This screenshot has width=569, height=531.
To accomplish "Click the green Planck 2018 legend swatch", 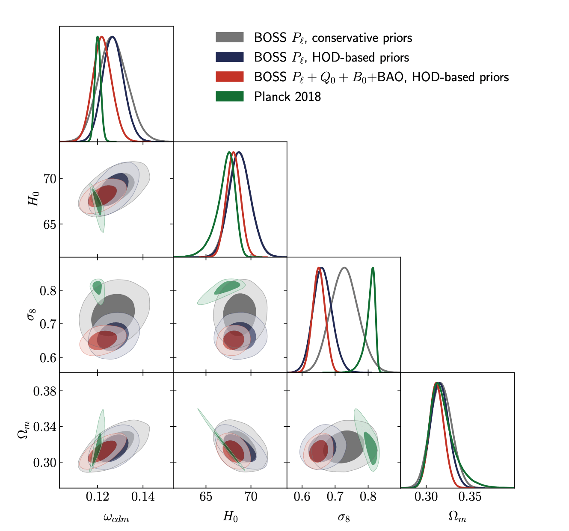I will [229, 97].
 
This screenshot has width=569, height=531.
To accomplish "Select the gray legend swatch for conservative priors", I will [229, 38].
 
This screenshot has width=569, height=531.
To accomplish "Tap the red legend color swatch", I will [229, 77].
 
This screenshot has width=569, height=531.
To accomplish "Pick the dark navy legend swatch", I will [229, 57].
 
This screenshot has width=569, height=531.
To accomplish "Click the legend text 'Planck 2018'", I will [287, 97].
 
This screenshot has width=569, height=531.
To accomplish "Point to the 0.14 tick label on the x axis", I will [143, 497].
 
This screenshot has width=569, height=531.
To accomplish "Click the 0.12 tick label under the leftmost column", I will [98, 497].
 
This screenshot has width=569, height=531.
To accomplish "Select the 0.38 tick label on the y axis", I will [45, 391].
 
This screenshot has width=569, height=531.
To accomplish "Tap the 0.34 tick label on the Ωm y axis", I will [45, 427].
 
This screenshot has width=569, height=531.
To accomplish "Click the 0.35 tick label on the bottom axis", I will [470, 497].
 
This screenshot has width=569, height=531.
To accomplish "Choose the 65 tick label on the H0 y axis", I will [50, 224].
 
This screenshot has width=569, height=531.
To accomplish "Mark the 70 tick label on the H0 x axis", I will [251, 497].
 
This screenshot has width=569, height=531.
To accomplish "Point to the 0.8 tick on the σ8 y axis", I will [48, 291].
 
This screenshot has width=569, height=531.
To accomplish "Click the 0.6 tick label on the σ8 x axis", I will [302, 497].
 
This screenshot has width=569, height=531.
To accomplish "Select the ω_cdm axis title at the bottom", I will [116, 518].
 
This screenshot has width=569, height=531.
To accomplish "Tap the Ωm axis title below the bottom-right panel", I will [457, 517].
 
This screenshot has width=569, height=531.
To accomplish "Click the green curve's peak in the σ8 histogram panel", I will [373, 268].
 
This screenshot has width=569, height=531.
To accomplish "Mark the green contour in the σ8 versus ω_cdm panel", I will [98, 288].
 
